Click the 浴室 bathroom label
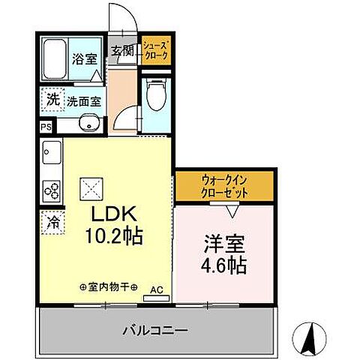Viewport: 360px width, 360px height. (x=84, y=58)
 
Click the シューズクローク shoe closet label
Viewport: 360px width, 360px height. (x=157, y=51)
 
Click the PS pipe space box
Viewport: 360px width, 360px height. (x=46, y=127)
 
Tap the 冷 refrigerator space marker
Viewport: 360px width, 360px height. (x=53, y=222)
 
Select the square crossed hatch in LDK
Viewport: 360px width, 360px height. (x=89, y=184)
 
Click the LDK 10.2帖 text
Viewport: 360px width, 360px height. (x=112, y=223)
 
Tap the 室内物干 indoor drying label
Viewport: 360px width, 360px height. (x=108, y=286)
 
